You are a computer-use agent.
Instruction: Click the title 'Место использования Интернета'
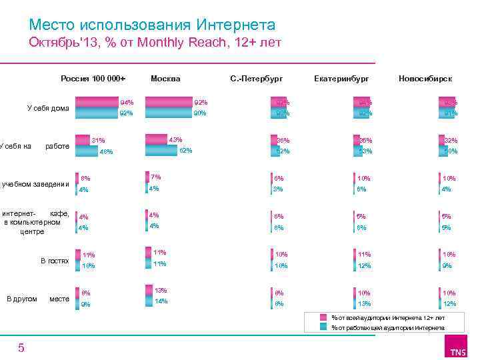coord(152,25)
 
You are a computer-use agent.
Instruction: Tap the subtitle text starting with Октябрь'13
coord(155,44)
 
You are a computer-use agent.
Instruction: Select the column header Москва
coord(165,79)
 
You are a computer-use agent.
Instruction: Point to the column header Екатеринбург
coord(341,79)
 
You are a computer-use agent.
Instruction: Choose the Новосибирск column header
coord(425,79)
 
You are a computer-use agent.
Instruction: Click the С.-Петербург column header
coord(256,79)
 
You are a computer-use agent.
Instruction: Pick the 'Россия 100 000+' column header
coord(93,79)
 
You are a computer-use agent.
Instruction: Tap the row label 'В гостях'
coord(54,261)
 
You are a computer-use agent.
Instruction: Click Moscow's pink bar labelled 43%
coord(157,139)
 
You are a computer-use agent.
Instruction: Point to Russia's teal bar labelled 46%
coord(86,151)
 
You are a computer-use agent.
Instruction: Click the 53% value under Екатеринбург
coord(365,151)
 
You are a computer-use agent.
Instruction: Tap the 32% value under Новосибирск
coord(451,141)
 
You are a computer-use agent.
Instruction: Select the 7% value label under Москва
coord(156,177)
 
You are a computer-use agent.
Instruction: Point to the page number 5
coord(21,348)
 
